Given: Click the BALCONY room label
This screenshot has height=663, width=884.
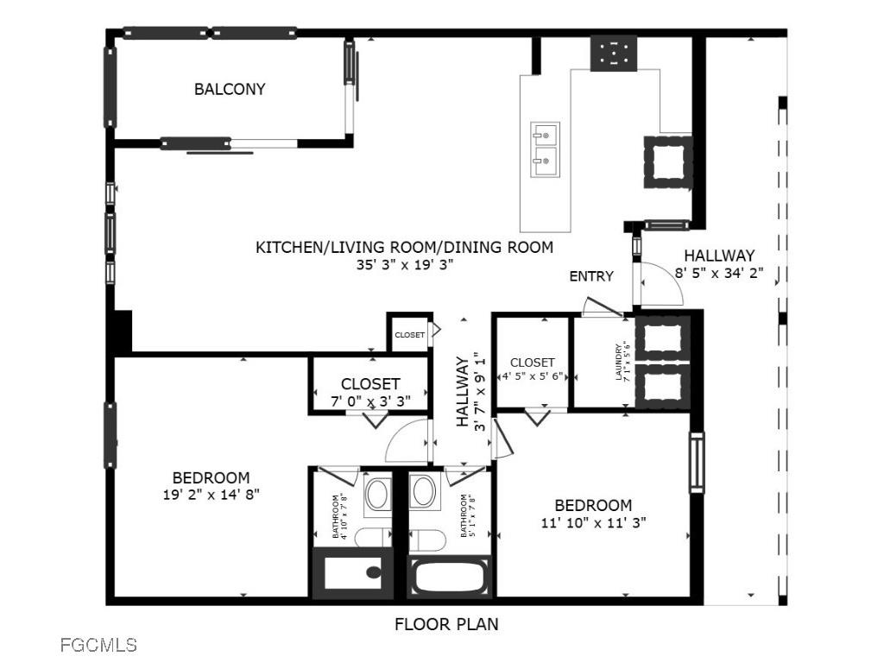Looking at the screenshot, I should pyautogui.click(x=229, y=89).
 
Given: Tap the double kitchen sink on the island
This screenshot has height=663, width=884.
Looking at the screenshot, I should pyautogui.click(x=545, y=147).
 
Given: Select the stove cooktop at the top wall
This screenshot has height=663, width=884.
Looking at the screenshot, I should pyautogui.click(x=614, y=53).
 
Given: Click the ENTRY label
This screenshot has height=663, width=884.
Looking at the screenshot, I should pyautogui.click(x=591, y=276).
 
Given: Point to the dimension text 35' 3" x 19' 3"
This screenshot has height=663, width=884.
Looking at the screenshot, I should pyautogui.click(x=404, y=265).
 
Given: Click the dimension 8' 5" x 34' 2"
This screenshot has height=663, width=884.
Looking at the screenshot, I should pyautogui.click(x=719, y=273).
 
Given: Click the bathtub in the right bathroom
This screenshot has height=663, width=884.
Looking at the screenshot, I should pyautogui.click(x=451, y=576).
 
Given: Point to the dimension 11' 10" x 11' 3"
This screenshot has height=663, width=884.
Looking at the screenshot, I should pyautogui.click(x=593, y=521).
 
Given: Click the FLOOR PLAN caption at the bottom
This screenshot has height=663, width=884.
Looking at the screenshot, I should pyautogui.click(x=446, y=623).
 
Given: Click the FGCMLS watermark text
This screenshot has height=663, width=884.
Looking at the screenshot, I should pyautogui.click(x=98, y=644).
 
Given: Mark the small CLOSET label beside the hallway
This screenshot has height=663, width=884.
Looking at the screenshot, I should pyautogui.click(x=409, y=335).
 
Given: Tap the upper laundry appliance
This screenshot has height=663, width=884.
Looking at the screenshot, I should pyautogui.click(x=663, y=338).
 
